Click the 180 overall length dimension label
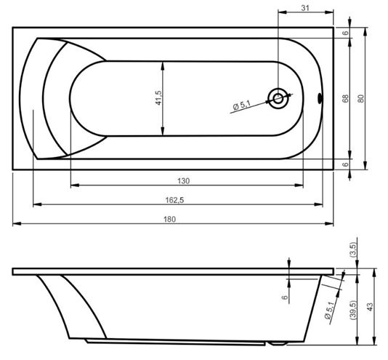click(x=169, y=219)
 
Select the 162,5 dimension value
click(x=174, y=200)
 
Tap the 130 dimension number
click(x=183, y=181)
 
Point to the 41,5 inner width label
click(x=158, y=98)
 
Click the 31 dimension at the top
click(x=305, y=8)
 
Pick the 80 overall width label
click(x=361, y=99)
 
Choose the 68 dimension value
click(x=345, y=98)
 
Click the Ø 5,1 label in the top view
click(x=241, y=105)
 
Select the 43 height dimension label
click(x=369, y=307)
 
